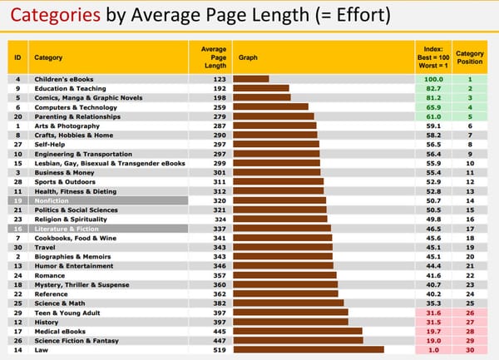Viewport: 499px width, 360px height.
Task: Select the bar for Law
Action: coord(309,350)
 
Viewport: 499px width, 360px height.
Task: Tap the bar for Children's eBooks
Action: coord(252,79)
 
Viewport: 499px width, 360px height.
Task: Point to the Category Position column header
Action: coord(470,57)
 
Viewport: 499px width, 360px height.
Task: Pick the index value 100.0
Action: coord(433,79)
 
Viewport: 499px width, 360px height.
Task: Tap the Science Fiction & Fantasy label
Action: coord(77,340)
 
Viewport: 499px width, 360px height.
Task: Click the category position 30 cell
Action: coord(470,350)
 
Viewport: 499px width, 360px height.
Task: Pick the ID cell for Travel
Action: coord(17,247)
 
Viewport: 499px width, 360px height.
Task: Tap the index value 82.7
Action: coord(433,87)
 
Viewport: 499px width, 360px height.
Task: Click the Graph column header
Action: coord(248,57)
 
